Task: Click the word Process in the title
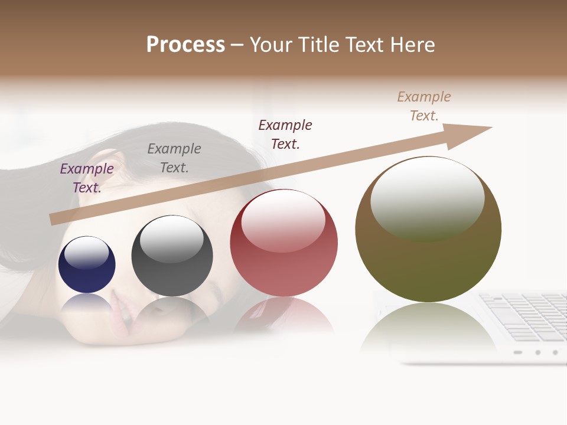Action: (185, 45)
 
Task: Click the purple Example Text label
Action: (87, 178)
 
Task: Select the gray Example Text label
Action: (174, 158)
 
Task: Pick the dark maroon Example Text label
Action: (285, 135)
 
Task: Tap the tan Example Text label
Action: (424, 106)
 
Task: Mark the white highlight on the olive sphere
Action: (427, 197)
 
